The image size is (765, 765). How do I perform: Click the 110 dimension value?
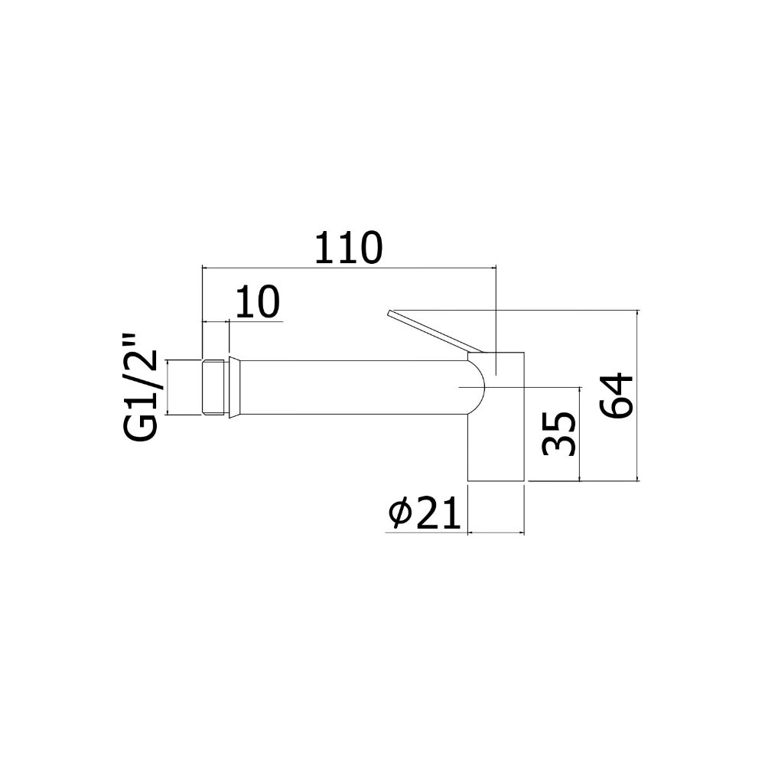pyautogui.click(x=349, y=248)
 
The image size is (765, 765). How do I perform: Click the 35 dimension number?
pyautogui.click(x=558, y=433)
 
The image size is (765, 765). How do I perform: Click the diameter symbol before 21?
pyautogui.click(x=402, y=513)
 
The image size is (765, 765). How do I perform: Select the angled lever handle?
pyautogui.click(x=435, y=330)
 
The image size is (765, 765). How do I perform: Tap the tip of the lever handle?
pyautogui.click(x=388, y=312)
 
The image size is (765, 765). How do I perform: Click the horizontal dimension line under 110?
pyautogui.click(x=349, y=268)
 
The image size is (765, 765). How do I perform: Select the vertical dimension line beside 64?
pyautogui.click(x=638, y=396)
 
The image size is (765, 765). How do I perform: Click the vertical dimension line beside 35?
pyautogui.click(x=580, y=435)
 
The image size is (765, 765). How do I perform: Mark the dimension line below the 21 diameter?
pyautogui.click(x=496, y=532)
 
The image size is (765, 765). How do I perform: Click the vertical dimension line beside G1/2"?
pyautogui.click(x=167, y=388)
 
